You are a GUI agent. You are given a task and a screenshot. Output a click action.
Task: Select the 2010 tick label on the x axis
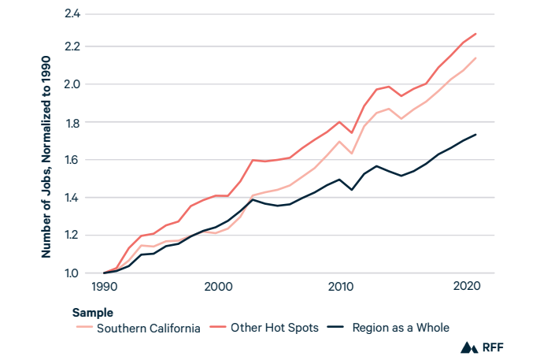pyautogui.click(x=339, y=288)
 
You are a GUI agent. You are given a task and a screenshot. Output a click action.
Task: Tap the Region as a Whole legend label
pyautogui.click(x=404, y=328)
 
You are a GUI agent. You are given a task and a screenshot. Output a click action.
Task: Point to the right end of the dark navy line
pyautogui.click(x=476, y=134)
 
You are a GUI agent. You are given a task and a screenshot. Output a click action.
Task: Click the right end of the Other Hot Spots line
pyautogui.click(x=476, y=33)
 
